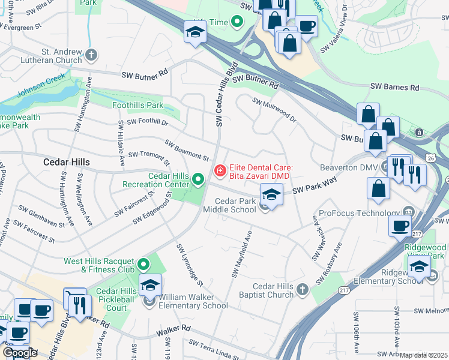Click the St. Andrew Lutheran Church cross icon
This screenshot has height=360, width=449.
coord(91,56)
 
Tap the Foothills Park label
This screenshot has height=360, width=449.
coord(138,105)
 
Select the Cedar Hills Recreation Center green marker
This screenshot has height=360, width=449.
coord(197,179)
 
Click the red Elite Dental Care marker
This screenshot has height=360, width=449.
coord(220,172)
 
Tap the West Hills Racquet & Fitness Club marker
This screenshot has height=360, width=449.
coord(143,264)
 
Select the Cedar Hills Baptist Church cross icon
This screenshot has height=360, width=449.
coord(303,290)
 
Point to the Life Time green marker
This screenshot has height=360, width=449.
coord(237,22)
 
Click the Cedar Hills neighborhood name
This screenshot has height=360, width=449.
coord(67,162)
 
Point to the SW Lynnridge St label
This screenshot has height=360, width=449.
coord(190,265)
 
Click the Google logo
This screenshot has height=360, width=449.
coord(20,353)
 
